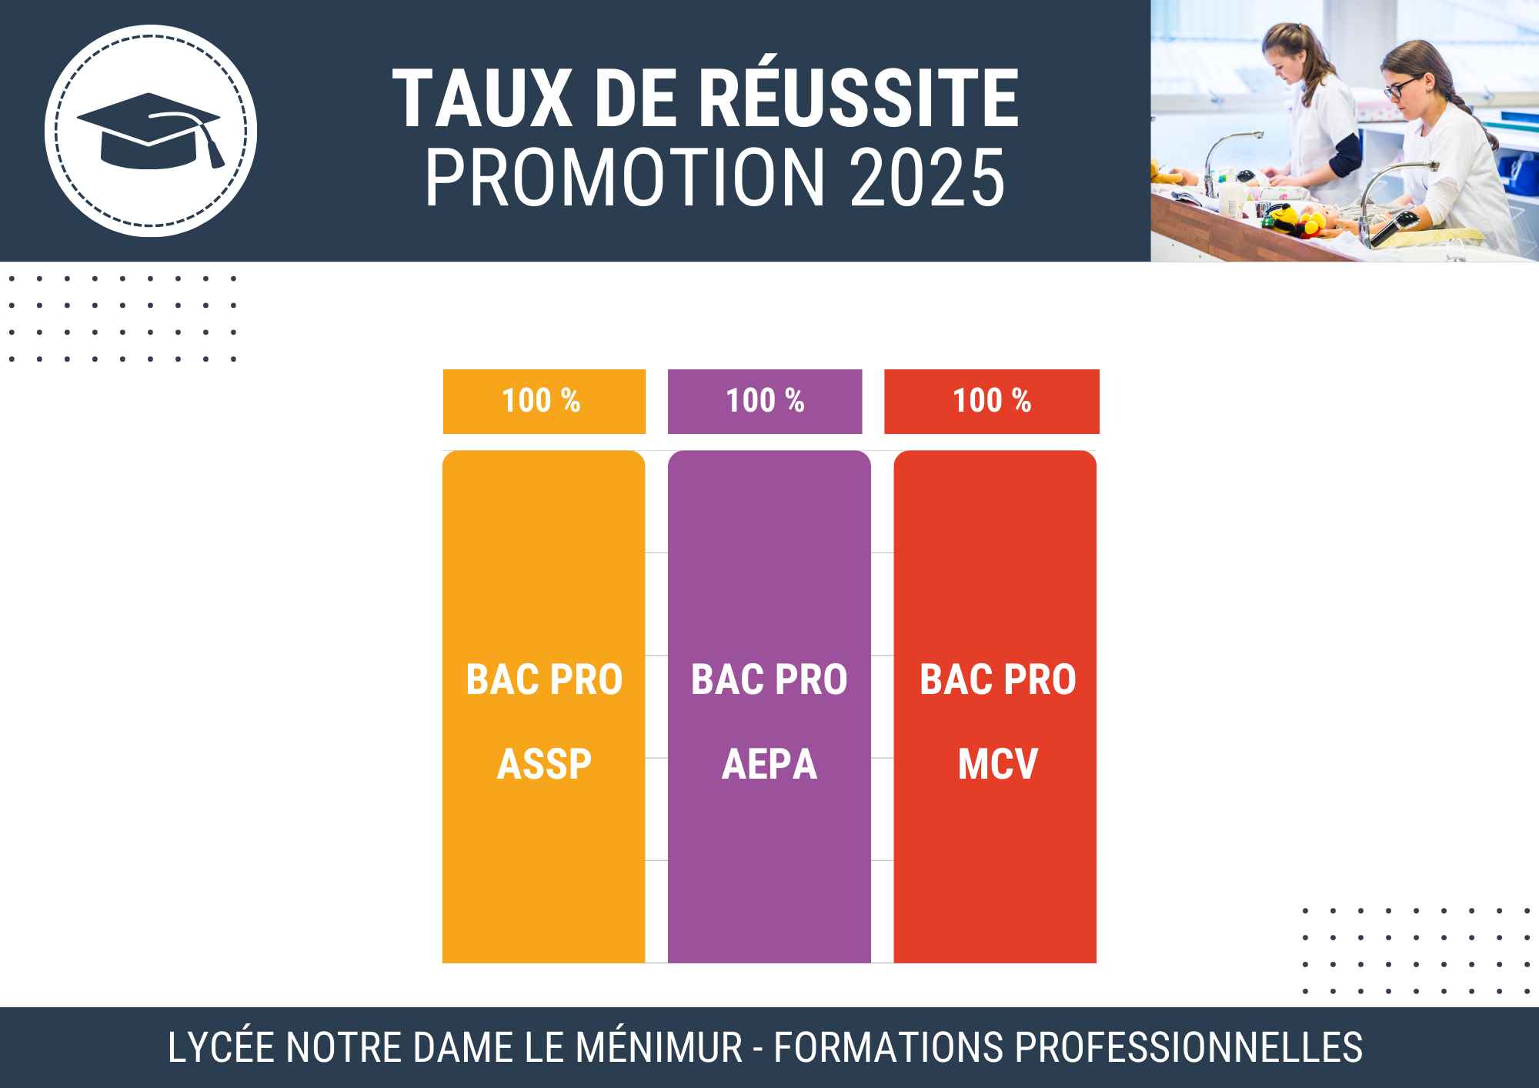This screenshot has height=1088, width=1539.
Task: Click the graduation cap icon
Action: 149,131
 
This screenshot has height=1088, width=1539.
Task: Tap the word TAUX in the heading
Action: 482,98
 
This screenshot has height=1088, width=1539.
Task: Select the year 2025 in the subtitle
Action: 927,178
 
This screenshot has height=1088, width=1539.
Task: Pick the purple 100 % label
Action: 765,401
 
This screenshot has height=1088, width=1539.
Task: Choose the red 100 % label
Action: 992,401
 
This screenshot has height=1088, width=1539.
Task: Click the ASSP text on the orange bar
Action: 544,764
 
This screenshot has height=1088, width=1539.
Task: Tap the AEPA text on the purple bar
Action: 769,764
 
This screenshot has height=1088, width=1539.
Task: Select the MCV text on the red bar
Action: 998,764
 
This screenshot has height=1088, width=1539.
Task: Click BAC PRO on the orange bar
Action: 544,679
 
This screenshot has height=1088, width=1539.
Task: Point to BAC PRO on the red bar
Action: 998,679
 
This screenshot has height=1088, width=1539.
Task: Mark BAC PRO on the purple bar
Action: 769,679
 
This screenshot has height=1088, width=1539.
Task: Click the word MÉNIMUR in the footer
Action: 659,1047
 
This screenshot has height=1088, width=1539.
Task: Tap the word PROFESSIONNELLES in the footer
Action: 1189,1047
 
